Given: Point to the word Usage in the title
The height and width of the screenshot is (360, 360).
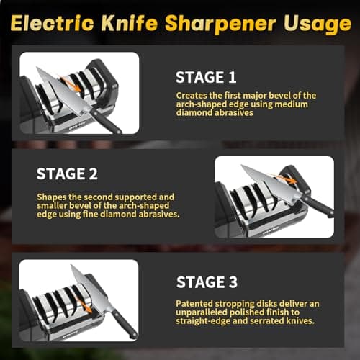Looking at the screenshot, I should click(x=318, y=24).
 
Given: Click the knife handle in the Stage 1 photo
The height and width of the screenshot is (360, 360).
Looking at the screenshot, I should click(x=107, y=123).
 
